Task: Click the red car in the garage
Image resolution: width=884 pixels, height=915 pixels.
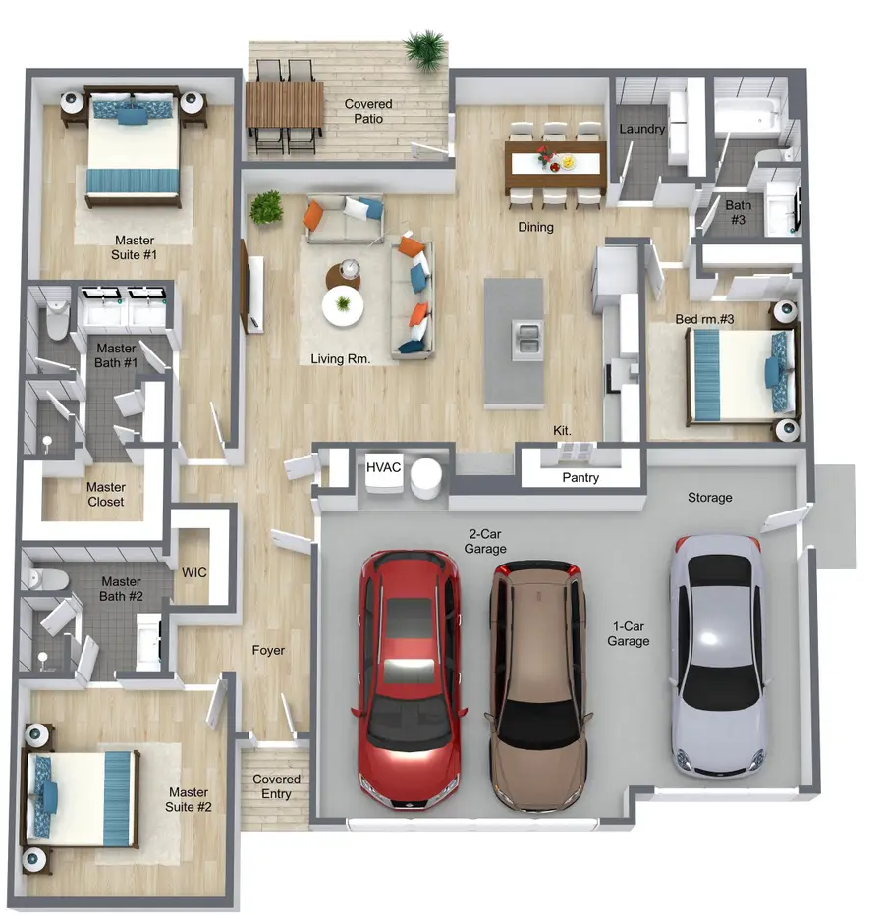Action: [x=410, y=679]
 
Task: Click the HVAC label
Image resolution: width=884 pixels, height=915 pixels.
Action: [x=384, y=467]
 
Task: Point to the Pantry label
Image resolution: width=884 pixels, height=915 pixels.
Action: [x=580, y=477]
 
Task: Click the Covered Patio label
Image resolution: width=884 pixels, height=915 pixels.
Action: [x=368, y=111]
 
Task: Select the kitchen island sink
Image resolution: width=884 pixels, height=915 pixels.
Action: [x=527, y=340]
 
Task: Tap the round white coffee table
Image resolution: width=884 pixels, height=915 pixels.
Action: [x=343, y=305]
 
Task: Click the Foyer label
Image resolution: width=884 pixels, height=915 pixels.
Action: [x=268, y=650]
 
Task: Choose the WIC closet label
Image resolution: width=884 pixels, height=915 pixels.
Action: [x=193, y=572]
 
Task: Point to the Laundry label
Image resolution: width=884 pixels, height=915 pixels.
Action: [x=641, y=129]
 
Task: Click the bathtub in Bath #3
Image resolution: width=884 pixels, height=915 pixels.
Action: [x=747, y=115]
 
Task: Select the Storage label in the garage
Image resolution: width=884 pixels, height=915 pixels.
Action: [x=709, y=497]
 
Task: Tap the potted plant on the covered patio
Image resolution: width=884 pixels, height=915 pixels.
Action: [x=426, y=51]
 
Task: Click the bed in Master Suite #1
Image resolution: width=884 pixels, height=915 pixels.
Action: [x=134, y=147]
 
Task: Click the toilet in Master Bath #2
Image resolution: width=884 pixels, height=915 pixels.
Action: [x=47, y=579]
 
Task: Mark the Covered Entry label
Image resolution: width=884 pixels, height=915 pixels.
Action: [x=276, y=786]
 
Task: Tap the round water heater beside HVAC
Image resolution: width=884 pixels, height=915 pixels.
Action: [x=425, y=477]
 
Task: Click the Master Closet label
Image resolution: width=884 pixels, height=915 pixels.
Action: [x=106, y=494]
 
